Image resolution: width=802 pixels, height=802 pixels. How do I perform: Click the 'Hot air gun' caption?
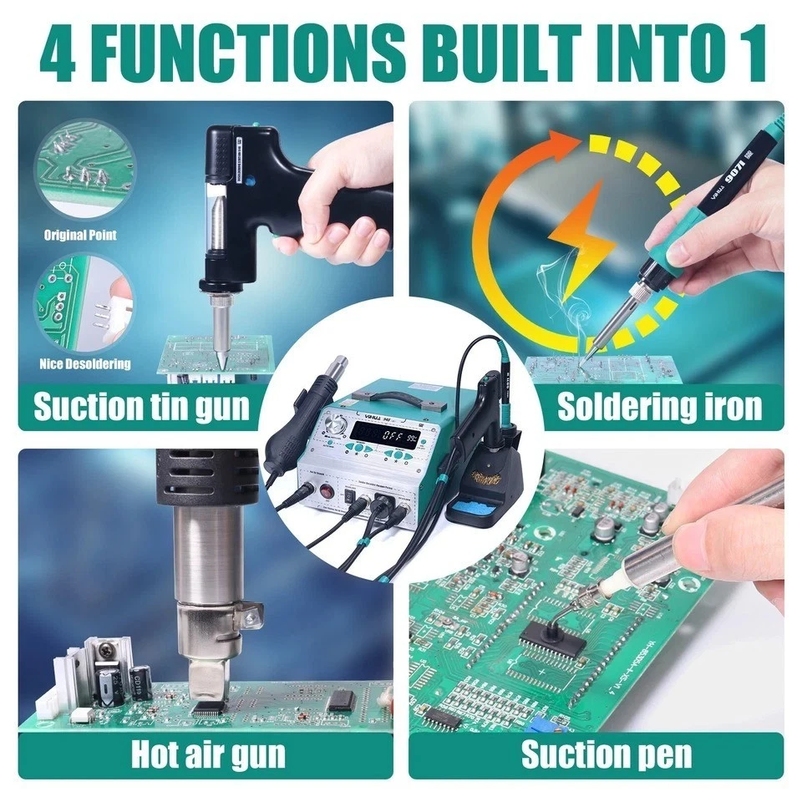[x=208, y=754]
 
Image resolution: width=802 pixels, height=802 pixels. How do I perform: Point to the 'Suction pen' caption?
[x=607, y=754]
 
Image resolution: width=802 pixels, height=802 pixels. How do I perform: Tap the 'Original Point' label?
[x=80, y=236]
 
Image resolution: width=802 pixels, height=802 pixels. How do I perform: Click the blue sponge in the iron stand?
[x=478, y=507]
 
